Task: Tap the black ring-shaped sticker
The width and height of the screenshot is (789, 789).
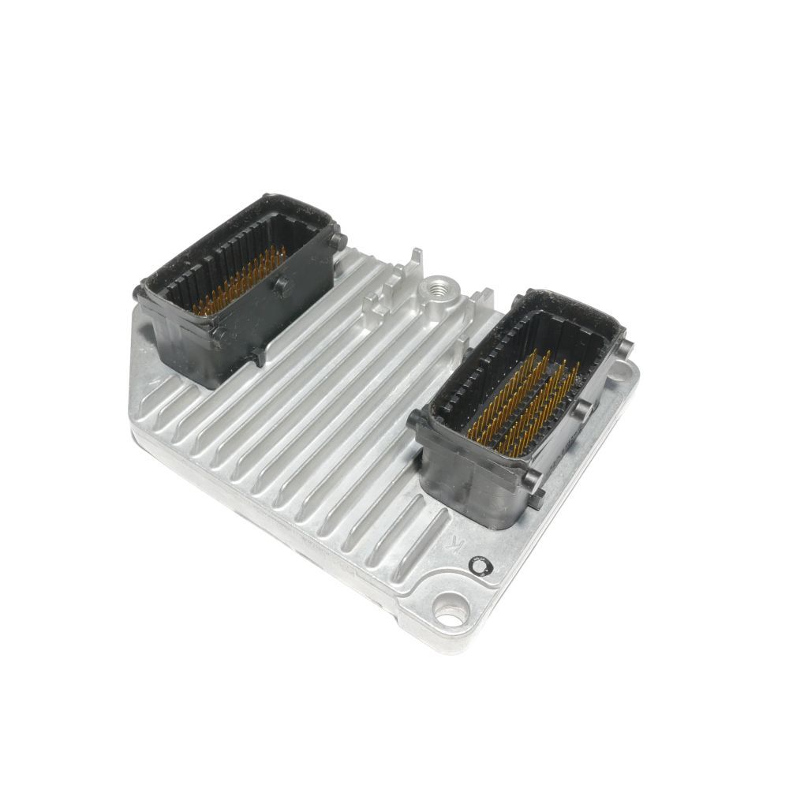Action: click(481, 565)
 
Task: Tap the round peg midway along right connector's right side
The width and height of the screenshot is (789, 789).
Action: click(583, 407)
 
